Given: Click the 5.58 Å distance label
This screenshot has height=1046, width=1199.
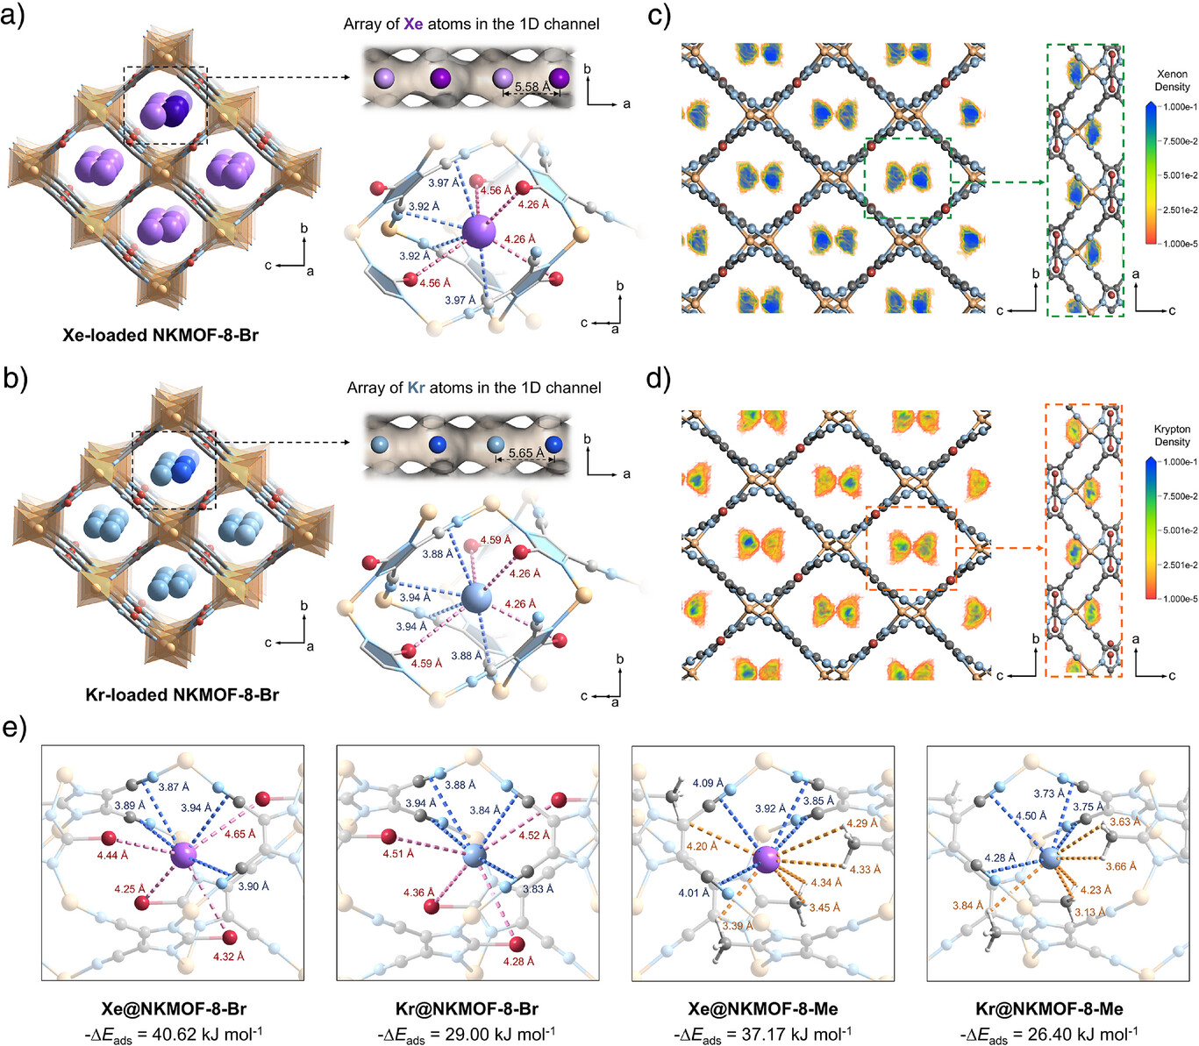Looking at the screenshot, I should click(x=532, y=87).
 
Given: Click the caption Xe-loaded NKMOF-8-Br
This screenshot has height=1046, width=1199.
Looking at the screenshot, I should click(x=161, y=335).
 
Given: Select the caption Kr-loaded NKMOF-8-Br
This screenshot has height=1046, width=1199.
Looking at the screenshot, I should click(x=182, y=694).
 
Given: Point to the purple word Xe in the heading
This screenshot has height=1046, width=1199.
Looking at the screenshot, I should click(x=412, y=24).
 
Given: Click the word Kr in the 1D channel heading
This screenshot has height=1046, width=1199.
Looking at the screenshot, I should click(x=416, y=388).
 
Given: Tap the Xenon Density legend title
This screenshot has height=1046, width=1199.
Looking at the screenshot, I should click(x=1172, y=81).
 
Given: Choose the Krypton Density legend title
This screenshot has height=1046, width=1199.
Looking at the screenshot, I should click(x=1172, y=436).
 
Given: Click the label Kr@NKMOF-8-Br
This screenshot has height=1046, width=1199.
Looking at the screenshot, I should click(x=467, y=1008).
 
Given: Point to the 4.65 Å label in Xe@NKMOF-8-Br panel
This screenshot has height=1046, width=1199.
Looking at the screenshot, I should click(x=239, y=834).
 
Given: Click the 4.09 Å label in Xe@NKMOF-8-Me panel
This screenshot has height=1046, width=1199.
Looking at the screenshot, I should click(x=708, y=783).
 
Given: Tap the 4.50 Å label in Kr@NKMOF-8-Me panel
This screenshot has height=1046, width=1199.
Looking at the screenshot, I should click(x=1030, y=815).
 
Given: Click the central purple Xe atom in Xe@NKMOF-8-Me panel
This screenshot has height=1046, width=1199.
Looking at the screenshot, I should click(x=767, y=858).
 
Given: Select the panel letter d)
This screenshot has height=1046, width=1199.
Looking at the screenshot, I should click(x=658, y=379).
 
